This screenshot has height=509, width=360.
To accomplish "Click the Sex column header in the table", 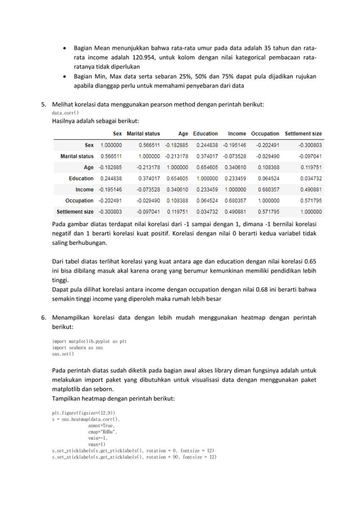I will click(x=116, y=134).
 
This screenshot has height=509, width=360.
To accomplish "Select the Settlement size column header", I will click(x=303, y=134).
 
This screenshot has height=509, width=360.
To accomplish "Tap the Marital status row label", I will click(x=77, y=156).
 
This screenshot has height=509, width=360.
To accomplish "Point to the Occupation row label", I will click(x=80, y=200).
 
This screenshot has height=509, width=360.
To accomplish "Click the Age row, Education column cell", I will click(x=205, y=167).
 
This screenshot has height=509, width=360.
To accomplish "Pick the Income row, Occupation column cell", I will click(x=266, y=190).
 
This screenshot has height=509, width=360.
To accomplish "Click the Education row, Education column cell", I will click(x=205, y=178).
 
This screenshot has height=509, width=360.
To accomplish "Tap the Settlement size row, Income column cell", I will click(x=234, y=212).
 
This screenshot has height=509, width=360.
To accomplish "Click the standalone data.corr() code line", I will click(x=65, y=113).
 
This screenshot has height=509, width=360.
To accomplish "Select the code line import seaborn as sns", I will click(x=77, y=348).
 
